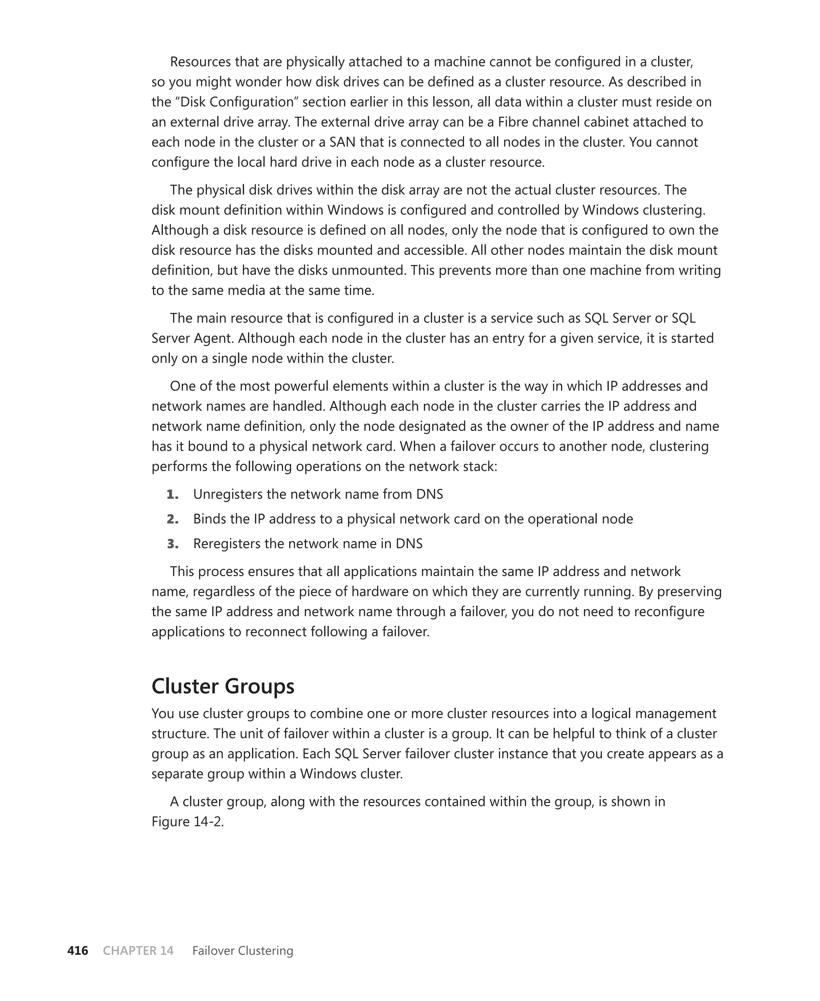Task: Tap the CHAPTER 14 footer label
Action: [x=138, y=951]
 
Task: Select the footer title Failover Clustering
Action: [x=242, y=951]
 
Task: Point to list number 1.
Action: [x=173, y=494]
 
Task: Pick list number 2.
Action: [x=173, y=519]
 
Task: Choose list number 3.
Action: [x=173, y=544]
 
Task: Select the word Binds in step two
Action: [x=208, y=519]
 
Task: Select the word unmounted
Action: [x=368, y=270]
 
